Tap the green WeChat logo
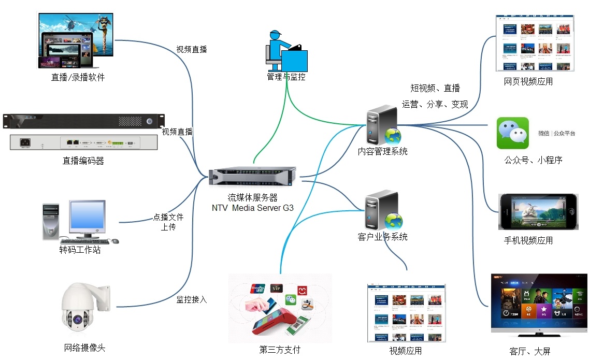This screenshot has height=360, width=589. pyautogui.click(x=512, y=133)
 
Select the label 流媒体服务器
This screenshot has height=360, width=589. pyautogui.click(x=253, y=197)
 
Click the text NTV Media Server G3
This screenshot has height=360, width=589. pyautogui.click(x=253, y=208)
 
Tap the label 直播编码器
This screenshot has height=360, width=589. pyautogui.click(x=83, y=161)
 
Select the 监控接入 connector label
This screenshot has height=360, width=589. pyautogui.click(x=192, y=299)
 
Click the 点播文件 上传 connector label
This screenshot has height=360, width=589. pyautogui.click(x=168, y=222)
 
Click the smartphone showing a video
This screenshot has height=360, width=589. pyautogui.click(x=538, y=212)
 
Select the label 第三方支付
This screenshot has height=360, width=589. pyautogui.click(x=280, y=350)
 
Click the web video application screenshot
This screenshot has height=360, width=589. pyautogui.click(x=535, y=44)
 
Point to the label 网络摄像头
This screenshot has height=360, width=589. pyautogui.click(x=85, y=348)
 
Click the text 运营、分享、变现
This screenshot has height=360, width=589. pyautogui.click(x=435, y=104)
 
